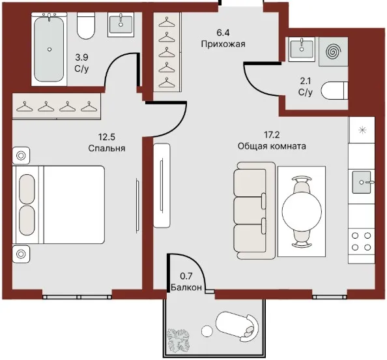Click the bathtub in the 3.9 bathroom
pyautogui.click(x=49, y=49)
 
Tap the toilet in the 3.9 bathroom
pyautogui.click(x=85, y=25)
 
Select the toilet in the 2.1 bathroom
pyautogui.click(x=334, y=91)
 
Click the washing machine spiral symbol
pyautogui.click(x=334, y=52)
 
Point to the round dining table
pyautogui.click(x=302, y=211)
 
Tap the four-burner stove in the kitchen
pyautogui.click(x=362, y=241)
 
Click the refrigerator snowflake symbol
pyautogui.click(x=362, y=130)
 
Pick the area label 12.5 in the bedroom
pyautogui.click(x=107, y=137)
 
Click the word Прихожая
pyautogui.click(x=223, y=44)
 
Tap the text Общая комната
pyautogui.click(x=272, y=146)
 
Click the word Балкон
pyautogui.click(x=186, y=288)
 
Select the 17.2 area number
pyautogui.click(x=272, y=135)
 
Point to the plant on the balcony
pyautogui.click(x=179, y=340)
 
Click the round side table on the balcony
pyautogui.click(x=207, y=331)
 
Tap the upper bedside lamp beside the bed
pyautogui.click(x=21, y=156)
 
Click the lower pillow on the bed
pyautogui.click(x=27, y=220)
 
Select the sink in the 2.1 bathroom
pyautogui.click(x=302, y=49)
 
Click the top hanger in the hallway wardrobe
pyautogui.click(x=167, y=22)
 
